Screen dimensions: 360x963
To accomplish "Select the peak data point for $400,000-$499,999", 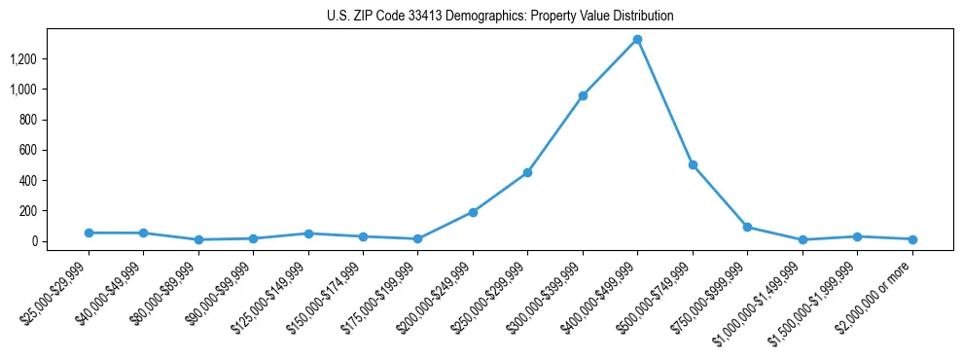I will pos(637,40).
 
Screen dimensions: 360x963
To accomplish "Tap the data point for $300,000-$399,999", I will pos(583,95).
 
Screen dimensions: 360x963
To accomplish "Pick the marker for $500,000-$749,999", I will pos(693,164).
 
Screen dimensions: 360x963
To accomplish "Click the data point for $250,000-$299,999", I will pos(527,172).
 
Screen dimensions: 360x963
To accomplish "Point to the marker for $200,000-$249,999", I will pos(473,212).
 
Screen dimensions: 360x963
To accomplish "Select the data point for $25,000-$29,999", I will pos(89,233).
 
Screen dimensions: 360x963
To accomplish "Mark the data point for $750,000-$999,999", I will pos(747,227).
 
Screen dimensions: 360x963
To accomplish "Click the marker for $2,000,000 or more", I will pos(912,239).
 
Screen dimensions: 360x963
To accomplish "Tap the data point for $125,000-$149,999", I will pos(308,234).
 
